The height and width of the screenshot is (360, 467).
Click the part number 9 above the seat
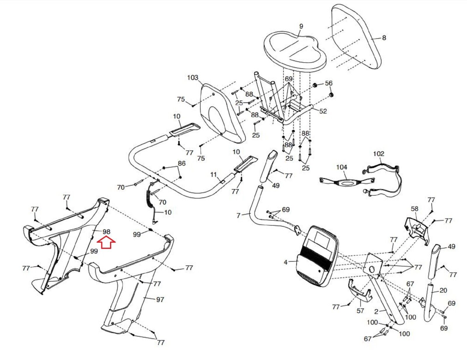pyautogui.click(x=301, y=26)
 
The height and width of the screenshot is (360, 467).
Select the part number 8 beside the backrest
pyautogui.click(x=384, y=38)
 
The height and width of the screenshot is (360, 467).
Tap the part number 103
pyautogui.click(x=193, y=78)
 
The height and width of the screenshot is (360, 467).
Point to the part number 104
pyautogui.click(x=341, y=167)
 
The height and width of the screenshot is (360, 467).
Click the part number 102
pyautogui.click(x=379, y=153)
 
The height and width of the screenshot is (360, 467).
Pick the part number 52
pyautogui.click(x=323, y=111)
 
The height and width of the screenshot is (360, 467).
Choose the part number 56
pyautogui.click(x=329, y=83)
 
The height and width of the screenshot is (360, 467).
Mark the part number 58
pyautogui.click(x=414, y=209)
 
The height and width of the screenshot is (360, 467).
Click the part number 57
pyautogui.click(x=360, y=311)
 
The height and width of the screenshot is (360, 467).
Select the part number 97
pyautogui.click(x=160, y=299)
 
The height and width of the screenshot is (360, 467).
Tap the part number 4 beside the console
pyautogui.click(x=285, y=262)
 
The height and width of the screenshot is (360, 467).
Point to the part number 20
pyautogui.click(x=443, y=290)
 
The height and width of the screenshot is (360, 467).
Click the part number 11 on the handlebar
pyautogui.click(x=214, y=175)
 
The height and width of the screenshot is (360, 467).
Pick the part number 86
pyautogui.click(x=182, y=163)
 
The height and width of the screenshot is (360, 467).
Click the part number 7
pyautogui.click(x=238, y=215)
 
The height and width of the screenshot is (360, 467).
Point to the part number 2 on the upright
pyautogui.click(x=376, y=312)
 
